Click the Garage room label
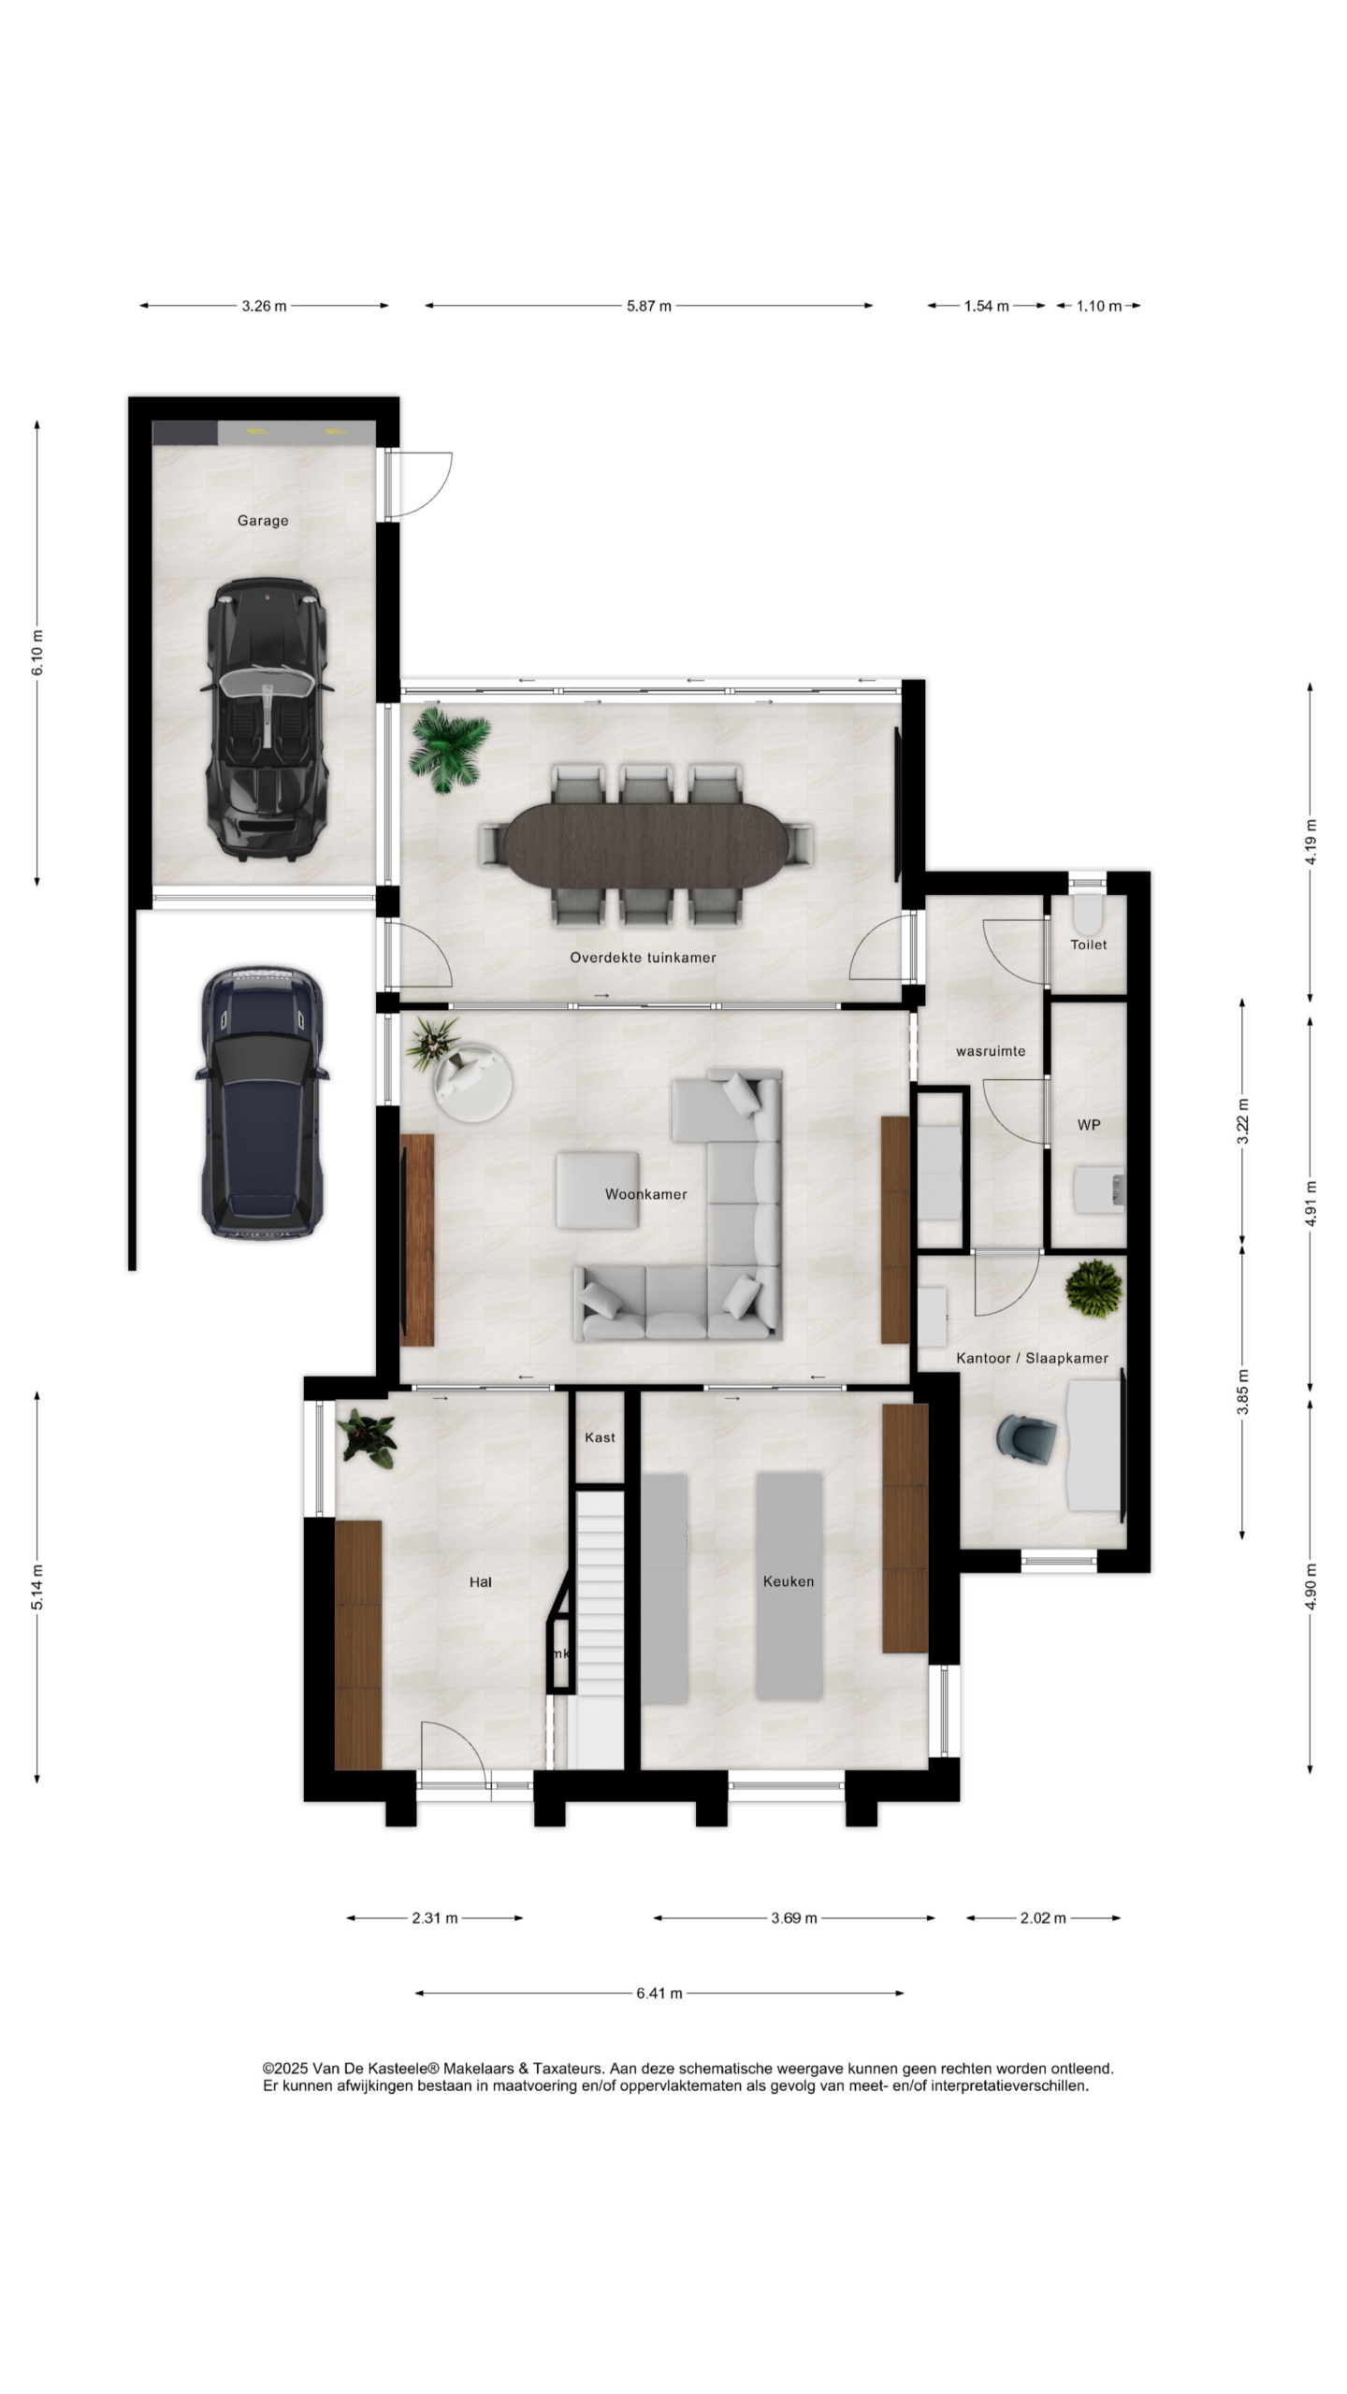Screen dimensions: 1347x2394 coord(262,521)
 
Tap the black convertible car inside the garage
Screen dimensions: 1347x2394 coord(267,719)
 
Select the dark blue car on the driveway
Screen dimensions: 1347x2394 coord(263,1103)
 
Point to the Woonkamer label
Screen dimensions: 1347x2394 coord(645,1194)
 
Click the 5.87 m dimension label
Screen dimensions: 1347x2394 coord(649,306)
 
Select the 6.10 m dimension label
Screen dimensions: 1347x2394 coord(37,653)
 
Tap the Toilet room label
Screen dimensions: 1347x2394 coord(1089,945)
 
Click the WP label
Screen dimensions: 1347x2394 coord(1089,1125)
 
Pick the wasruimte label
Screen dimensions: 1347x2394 coord(991,1051)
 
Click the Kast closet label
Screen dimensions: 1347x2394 coord(600,1437)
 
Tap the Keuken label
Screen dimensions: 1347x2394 coord(789,1581)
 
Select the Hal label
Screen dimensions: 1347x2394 coord(481,1582)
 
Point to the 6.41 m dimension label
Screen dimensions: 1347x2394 coord(659,1993)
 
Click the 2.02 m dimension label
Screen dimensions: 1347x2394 coord(1043,1918)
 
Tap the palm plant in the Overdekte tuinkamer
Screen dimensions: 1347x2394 coord(449,750)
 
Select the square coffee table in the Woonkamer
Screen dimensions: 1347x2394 coord(599,1190)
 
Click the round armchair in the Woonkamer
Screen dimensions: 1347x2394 coord(472,1082)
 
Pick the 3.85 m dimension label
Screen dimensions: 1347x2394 coord(1243,1392)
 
